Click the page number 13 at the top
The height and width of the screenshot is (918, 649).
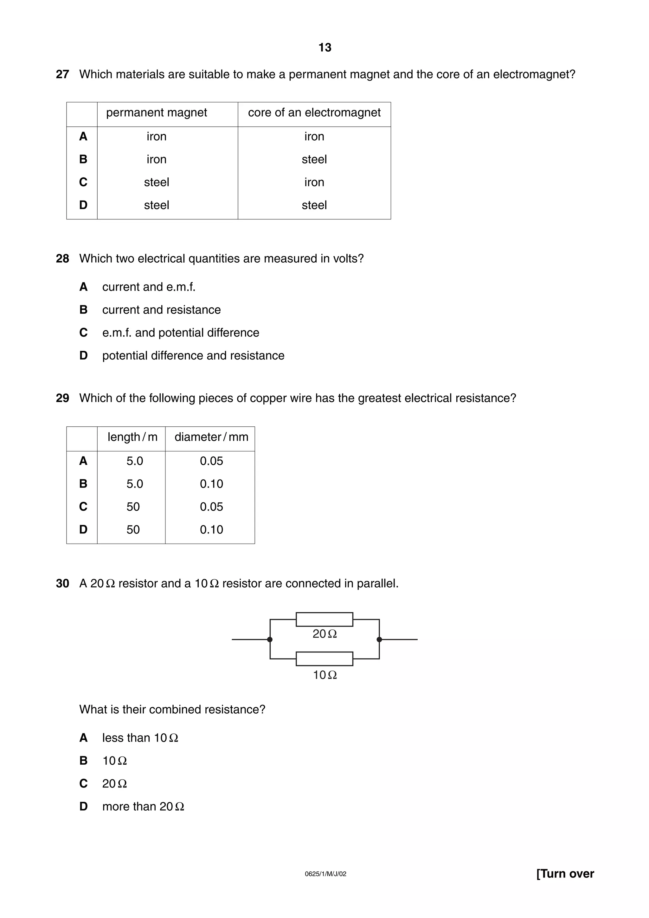(x=325, y=48)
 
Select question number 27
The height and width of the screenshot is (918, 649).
(x=62, y=74)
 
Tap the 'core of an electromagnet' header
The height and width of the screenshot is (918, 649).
(x=314, y=113)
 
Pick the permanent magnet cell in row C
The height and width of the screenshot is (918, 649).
(x=156, y=182)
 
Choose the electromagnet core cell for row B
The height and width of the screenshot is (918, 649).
(x=314, y=160)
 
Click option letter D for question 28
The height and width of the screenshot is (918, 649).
(x=83, y=355)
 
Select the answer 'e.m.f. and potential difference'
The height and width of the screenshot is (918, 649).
(x=180, y=333)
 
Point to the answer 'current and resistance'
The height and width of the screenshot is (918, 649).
(x=161, y=310)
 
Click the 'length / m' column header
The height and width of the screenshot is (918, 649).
(x=132, y=437)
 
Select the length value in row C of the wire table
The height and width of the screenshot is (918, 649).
(x=133, y=507)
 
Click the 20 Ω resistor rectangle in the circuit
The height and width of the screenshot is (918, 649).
(x=324, y=619)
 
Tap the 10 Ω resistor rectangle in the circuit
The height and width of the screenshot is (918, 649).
(x=324, y=659)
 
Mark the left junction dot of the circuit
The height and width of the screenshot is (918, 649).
(x=270, y=639)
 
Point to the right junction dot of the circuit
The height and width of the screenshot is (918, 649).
(x=379, y=639)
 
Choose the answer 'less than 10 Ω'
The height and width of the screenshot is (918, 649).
(x=140, y=738)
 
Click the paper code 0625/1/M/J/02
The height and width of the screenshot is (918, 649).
(x=325, y=874)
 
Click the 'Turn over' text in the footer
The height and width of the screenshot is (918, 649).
(x=565, y=874)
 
